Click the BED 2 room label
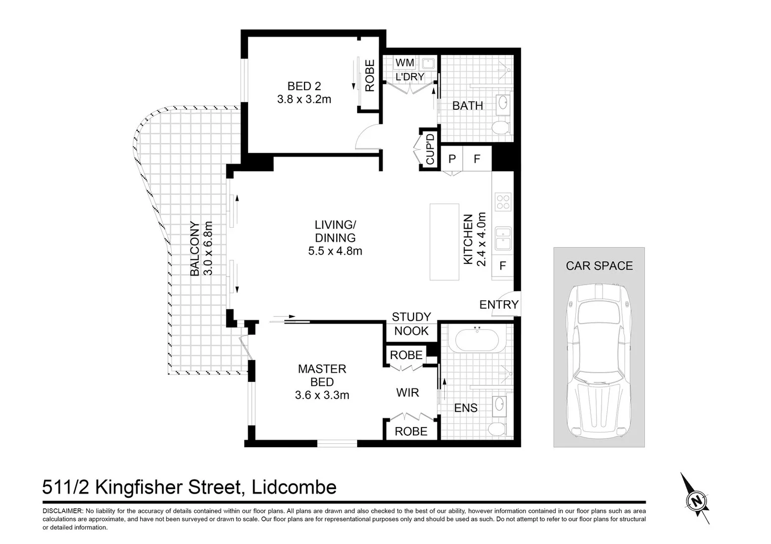point(304,86)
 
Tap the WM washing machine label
point(405,63)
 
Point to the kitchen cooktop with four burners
point(503,202)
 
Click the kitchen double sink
point(503,238)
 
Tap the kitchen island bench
point(444,242)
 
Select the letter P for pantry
point(452,159)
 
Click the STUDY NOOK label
point(411,324)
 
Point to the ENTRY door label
point(499,305)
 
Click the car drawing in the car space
point(599,361)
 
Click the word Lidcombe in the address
point(294,487)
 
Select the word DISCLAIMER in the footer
point(63,511)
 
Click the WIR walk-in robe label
point(407,393)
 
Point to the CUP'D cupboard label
point(430,150)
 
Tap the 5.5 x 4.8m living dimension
point(335,251)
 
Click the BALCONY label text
point(195,249)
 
